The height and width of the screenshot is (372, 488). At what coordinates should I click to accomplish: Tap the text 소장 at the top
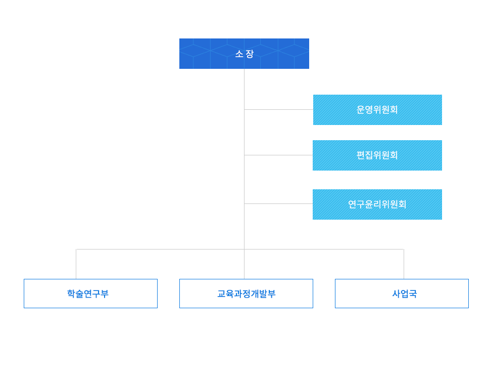click(244, 54)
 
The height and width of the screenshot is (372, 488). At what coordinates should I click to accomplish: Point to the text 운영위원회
click(377, 110)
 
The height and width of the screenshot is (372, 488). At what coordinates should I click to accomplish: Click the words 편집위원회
click(377, 155)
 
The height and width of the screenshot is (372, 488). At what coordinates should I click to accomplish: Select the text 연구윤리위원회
click(377, 204)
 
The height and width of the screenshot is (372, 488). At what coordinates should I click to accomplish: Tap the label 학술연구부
click(88, 294)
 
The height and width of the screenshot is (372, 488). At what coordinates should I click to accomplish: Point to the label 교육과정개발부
click(247, 294)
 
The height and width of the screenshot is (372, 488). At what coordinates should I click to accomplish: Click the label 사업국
click(405, 294)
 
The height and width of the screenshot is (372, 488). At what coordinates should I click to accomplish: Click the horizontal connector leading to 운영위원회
click(278, 109)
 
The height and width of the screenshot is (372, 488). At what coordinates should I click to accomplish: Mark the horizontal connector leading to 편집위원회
click(278, 155)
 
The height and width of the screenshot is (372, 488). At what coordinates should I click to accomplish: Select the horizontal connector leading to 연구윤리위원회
click(278, 203)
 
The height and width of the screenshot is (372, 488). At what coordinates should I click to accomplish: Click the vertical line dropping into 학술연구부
click(76, 264)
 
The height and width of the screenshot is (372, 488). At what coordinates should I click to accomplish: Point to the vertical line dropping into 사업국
click(404, 264)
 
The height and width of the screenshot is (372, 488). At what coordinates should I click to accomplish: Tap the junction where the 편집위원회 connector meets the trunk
click(244, 155)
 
